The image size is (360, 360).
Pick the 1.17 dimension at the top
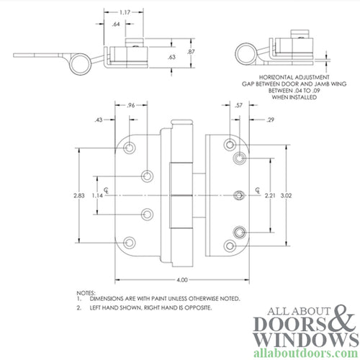126,12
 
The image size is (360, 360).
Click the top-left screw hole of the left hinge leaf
130,148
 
